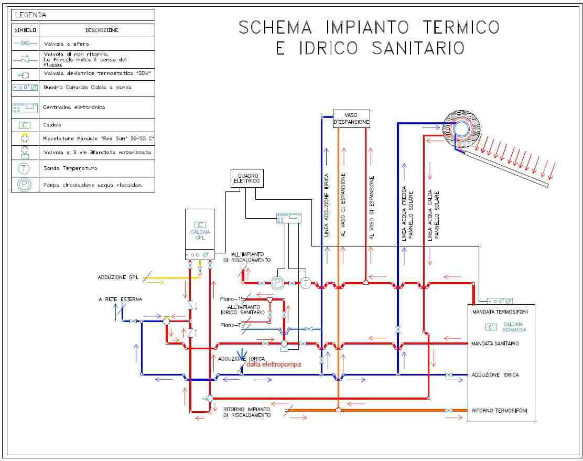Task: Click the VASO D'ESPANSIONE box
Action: pos(351,119)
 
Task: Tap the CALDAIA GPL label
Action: pos(200,234)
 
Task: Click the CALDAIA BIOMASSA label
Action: pos(514,327)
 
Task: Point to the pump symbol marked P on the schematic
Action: pos(277,284)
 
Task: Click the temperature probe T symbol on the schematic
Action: pos(306,284)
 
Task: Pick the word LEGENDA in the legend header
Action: pos(30,15)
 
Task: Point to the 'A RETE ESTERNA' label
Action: pos(120,299)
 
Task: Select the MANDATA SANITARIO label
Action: pos(495,344)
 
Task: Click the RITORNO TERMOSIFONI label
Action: pos(500,410)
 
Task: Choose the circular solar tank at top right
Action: pos(462,128)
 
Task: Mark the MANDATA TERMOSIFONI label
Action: pos(500,313)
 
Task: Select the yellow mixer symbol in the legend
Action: pos(24,138)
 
